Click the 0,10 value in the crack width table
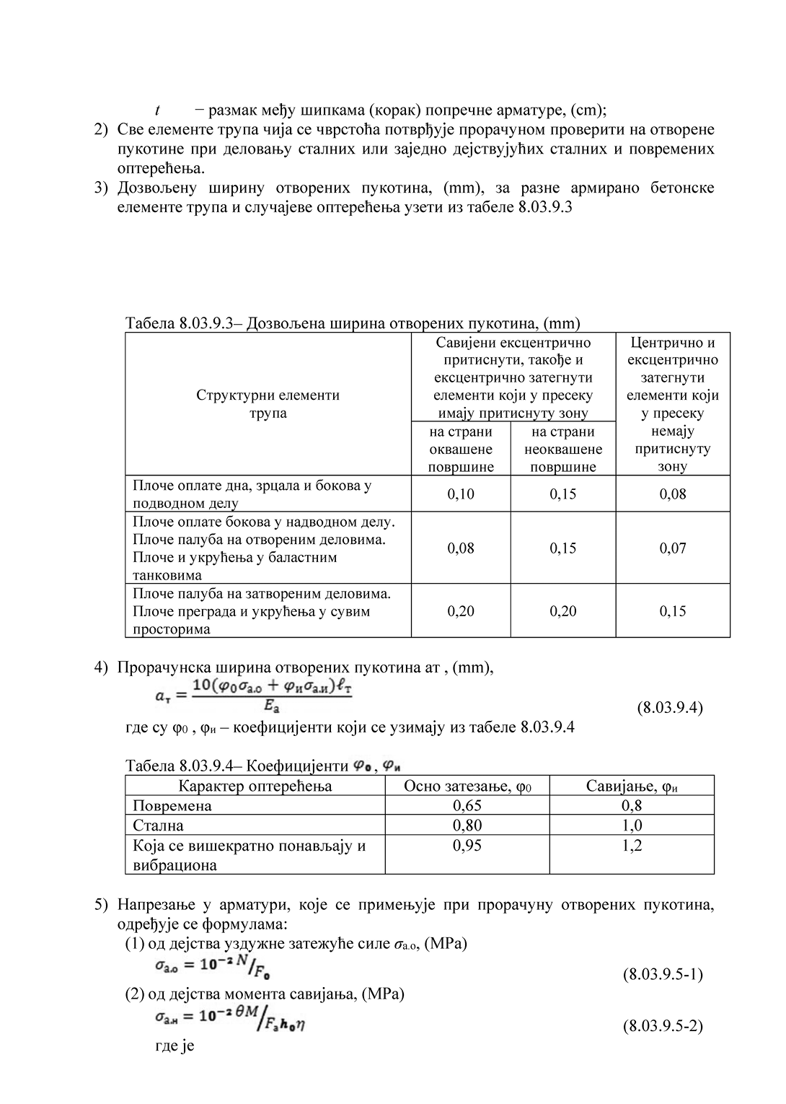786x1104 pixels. click(461, 494)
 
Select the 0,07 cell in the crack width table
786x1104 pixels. click(673, 548)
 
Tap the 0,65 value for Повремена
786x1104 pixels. click(467, 805)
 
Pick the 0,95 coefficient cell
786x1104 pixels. click(467, 845)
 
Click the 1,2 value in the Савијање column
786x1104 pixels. click(632, 845)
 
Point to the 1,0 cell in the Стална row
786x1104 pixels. click(632, 825)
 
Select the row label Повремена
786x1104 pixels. click(172, 806)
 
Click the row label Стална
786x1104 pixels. click(159, 825)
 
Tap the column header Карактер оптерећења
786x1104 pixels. click(255, 786)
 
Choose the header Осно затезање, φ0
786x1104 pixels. click(467, 786)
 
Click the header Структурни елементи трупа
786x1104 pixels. click(268, 404)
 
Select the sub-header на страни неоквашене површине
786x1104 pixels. click(563, 449)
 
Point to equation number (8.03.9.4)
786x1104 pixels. click(670, 707)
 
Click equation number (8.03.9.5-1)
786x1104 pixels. click(663, 975)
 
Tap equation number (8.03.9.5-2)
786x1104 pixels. click(663, 1025)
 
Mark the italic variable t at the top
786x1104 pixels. click(157, 110)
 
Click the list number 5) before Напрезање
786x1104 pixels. click(102, 905)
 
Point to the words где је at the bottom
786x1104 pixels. click(175, 1046)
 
